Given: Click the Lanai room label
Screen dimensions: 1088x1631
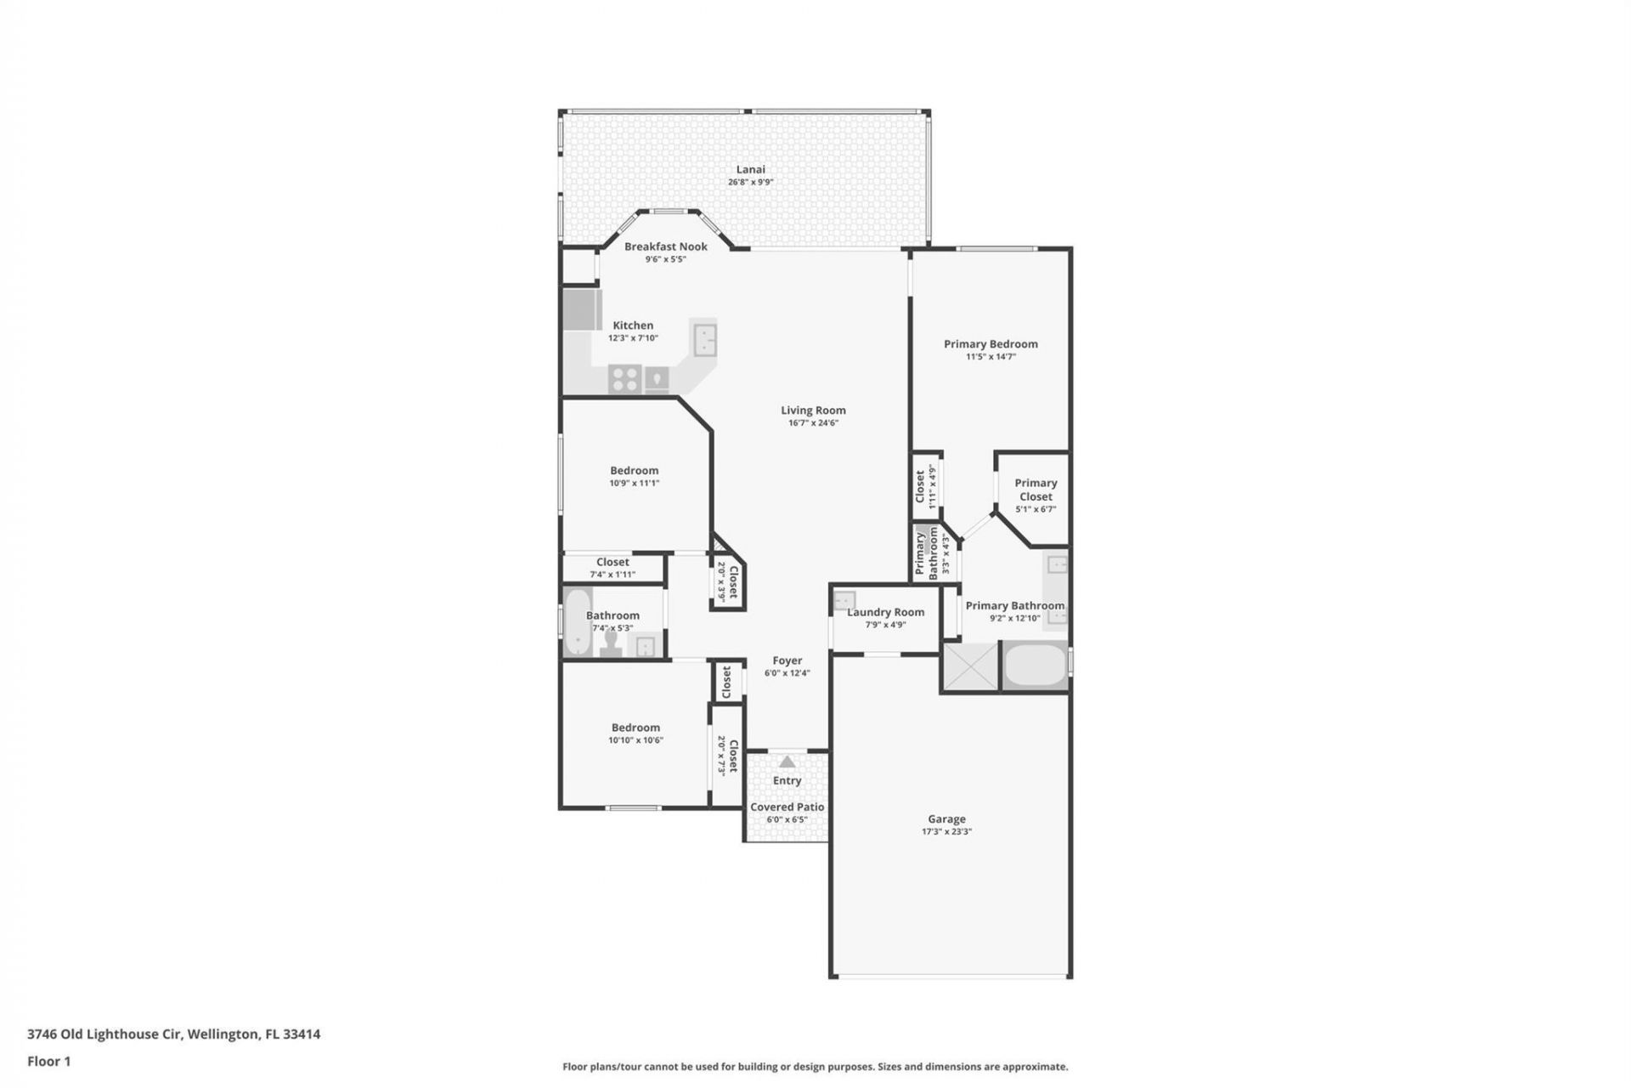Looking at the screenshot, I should point(750,169).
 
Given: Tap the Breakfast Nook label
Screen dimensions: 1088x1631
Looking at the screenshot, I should point(665,246).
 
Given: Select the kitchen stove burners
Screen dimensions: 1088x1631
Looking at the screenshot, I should point(625,378).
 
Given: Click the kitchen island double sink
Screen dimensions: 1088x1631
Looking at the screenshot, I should point(703,339).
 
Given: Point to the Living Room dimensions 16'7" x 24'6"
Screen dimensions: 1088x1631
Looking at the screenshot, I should point(813,423).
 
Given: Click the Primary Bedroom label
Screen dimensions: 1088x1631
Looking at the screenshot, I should point(990,344).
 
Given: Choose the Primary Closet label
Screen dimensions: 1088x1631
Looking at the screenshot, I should point(1036,490).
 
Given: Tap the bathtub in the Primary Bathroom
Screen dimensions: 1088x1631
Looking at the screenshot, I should point(1036,666).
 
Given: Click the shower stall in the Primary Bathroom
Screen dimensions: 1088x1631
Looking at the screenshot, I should point(970,666).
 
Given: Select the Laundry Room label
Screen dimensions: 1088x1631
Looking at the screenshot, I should point(885,612).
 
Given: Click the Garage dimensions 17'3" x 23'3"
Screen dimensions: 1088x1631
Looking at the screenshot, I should point(946,832).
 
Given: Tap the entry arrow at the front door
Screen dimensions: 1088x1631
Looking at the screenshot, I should point(787,762).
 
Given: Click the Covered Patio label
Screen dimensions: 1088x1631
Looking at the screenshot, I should point(787,807).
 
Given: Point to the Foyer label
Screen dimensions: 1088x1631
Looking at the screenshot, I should point(787,660).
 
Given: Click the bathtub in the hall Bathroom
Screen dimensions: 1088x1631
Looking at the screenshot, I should point(578,622).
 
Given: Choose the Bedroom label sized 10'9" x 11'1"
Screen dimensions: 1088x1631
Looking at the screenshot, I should point(634,470).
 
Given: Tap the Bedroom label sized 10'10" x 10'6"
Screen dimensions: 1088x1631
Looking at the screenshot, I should point(635,728).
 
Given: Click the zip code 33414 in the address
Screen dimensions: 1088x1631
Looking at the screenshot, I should point(302,1034).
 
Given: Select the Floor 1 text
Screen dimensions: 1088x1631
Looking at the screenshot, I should point(49,1061).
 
